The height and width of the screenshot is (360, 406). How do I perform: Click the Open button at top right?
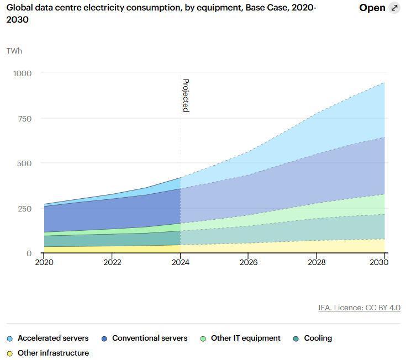(x=372, y=8)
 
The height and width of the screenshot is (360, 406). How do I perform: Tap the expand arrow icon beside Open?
(x=394, y=8)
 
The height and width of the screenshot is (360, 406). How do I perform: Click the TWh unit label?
(x=14, y=51)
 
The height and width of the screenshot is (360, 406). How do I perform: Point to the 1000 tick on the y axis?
(x=23, y=73)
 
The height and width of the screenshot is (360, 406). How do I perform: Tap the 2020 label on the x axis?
(x=44, y=262)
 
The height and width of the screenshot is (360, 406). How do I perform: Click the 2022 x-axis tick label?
(x=112, y=262)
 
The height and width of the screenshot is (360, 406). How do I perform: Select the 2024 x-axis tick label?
(x=181, y=262)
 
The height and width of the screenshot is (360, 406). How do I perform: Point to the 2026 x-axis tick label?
(x=249, y=262)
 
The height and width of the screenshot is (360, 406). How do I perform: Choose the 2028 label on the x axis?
(x=317, y=262)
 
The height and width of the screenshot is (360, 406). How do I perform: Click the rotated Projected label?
(x=186, y=96)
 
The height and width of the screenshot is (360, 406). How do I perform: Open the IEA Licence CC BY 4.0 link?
(x=359, y=308)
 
